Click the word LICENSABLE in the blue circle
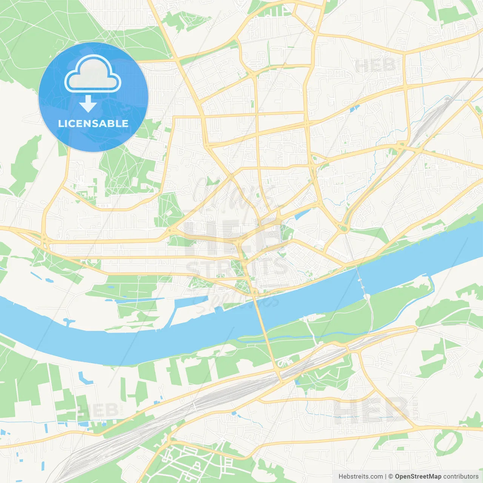[93, 123]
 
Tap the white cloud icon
[93, 74]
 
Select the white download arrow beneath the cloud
[88, 104]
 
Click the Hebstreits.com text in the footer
[360, 477]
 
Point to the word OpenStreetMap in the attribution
[418, 477]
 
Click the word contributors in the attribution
[461, 477]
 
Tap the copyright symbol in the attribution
[391, 477]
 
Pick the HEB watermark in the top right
[375, 66]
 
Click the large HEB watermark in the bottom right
[372, 409]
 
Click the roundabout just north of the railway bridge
[343, 228]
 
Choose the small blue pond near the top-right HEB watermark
[352, 109]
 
